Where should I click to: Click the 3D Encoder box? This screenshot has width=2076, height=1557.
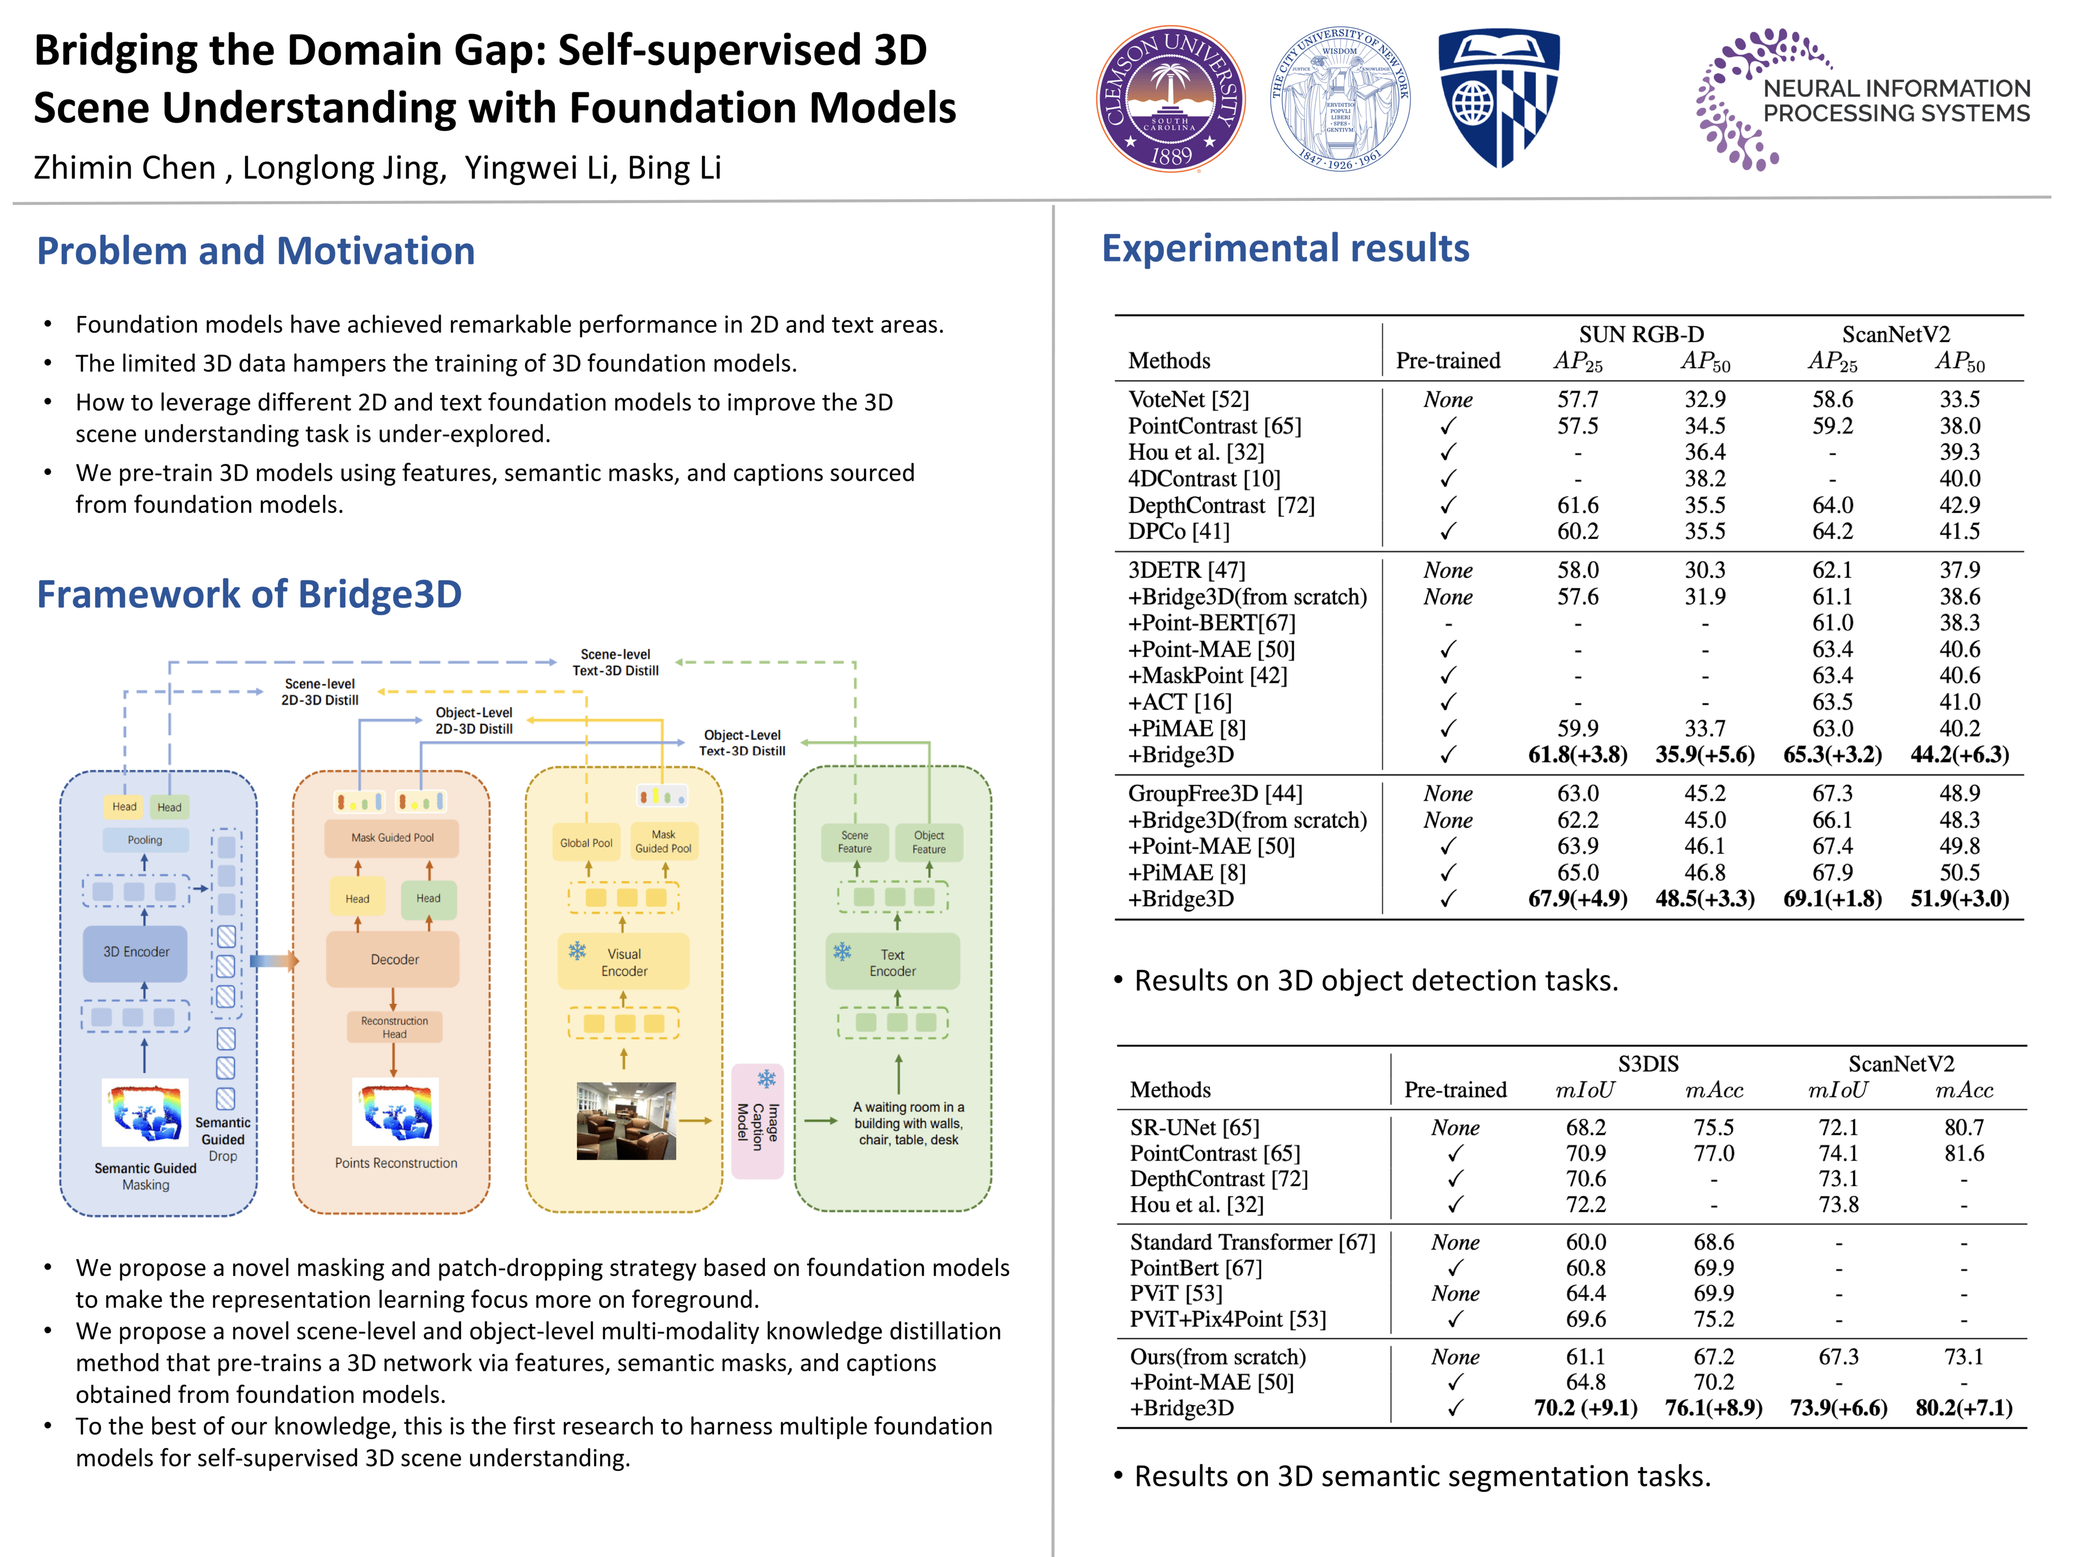[x=136, y=951]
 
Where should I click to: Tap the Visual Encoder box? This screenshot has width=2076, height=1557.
[x=623, y=962]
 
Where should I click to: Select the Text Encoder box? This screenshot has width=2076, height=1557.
[x=893, y=962]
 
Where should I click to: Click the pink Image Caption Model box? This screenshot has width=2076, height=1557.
[x=757, y=1122]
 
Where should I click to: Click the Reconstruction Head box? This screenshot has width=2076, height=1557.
[x=394, y=1027]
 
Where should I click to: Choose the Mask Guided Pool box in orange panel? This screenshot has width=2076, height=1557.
[x=392, y=837]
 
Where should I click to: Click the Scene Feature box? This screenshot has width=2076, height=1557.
[x=854, y=842]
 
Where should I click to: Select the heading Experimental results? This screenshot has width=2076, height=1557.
[x=1285, y=249]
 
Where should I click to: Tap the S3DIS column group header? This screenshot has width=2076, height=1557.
[x=1647, y=1063]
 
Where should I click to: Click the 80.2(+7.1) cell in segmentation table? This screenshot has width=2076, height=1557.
[x=1964, y=1408]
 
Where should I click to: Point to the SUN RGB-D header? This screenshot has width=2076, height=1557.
[x=1641, y=335]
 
